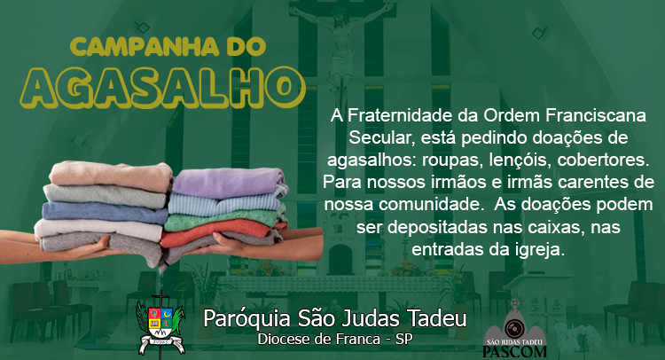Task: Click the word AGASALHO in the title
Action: pos(162,88)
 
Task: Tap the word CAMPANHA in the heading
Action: pos(145,47)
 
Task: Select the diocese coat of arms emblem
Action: pos(160,323)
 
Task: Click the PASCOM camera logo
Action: pos(515,328)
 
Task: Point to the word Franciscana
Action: pos(596,115)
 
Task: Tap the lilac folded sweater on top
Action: pos(230,183)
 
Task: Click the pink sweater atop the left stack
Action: pos(111,176)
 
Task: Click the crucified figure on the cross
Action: pos(341,47)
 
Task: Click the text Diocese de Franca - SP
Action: pos(335,340)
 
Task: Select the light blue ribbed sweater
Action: pos(225,205)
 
